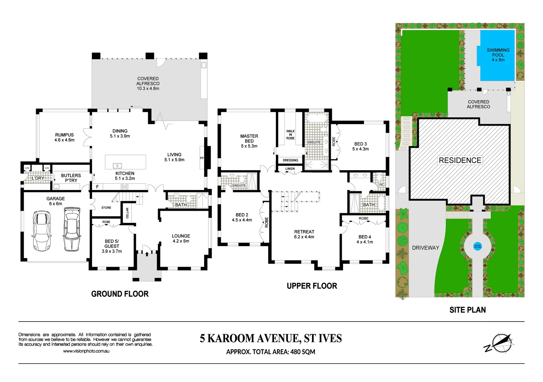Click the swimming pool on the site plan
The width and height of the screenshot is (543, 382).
click(497, 56)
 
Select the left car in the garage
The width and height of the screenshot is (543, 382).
click(41, 231)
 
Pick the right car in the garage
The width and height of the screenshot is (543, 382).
click(72, 229)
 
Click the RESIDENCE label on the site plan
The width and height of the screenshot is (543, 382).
click(460, 160)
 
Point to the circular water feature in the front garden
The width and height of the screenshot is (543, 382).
click(477, 246)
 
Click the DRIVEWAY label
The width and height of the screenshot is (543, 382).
click(425, 248)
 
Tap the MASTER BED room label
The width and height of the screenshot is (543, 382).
click(249, 141)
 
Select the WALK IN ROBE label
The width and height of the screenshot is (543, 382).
click(290, 135)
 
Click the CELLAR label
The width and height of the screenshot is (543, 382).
click(127, 213)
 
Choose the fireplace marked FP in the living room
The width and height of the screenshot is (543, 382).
click(202, 158)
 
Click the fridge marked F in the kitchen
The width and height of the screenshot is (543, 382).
click(97, 186)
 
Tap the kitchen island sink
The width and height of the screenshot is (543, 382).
click(117, 166)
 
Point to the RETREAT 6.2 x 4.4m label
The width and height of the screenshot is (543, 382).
click(304, 234)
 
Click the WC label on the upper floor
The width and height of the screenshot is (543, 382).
click(381, 184)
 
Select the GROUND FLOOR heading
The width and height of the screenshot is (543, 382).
click(120, 294)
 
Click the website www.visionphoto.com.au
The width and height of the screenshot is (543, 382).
click(86, 351)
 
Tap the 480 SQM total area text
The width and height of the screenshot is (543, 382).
click(302, 352)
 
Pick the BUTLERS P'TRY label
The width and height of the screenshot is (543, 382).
click(71, 178)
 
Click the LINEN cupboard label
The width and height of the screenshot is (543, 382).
click(290, 169)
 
